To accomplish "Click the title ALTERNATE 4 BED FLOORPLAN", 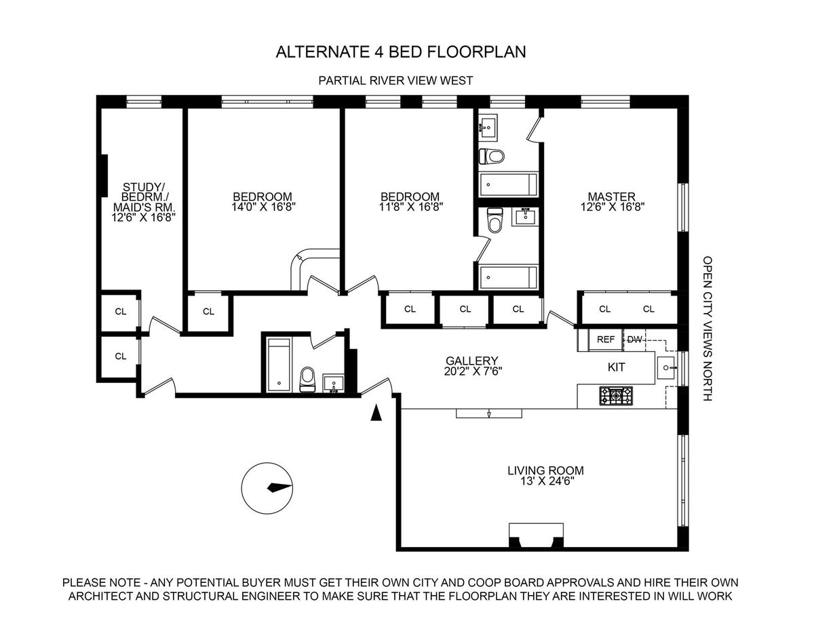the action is pyautogui.click(x=400, y=52).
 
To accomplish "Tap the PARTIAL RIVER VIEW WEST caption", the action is pyautogui.click(x=395, y=81).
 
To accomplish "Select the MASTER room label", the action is pyautogui.click(x=611, y=197).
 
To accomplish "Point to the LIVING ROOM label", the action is pyautogui.click(x=545, y=470).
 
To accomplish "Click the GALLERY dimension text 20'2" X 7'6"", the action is pyautogui.click(x=472, y=371).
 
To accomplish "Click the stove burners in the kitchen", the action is pyautogui.click(x=616, y=396).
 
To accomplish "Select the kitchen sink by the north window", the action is pyautogui.click(x=667, y=367).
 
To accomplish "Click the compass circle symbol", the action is pyautogui.click(x=267, y=487).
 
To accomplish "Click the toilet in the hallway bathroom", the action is pyautogui.click(x=308, y=379).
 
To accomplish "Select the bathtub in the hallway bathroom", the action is pyautogui.click(x=279, y=364).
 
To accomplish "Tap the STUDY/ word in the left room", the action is pyautogui.click(x=143, y=186).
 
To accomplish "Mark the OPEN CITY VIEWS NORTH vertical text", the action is pyautogui.click(x=708, y=328).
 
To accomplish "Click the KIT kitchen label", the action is pyautogui.click(x=616, y=367).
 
